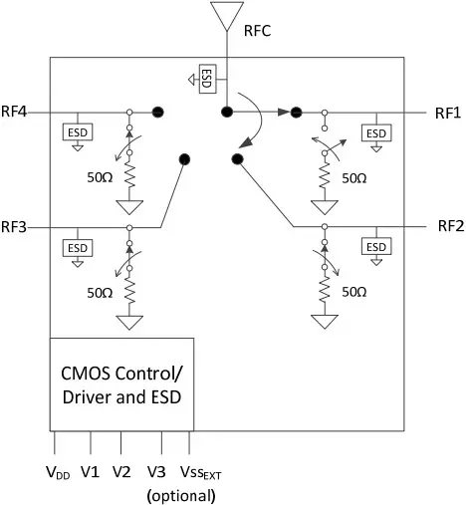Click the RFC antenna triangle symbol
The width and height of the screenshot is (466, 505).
pyautogui.click(x=227, y=15)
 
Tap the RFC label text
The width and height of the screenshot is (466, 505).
pyautogui.click(x=258, y=31)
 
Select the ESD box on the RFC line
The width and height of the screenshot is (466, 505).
pyautogui.click(x=207, y=79)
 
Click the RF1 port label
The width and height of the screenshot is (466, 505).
pyautogui.click(x=448, y=114)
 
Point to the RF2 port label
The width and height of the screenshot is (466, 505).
pyautogui.click(x=451, y=226)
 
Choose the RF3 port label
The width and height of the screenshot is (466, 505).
pyautogui.click(x=14, y=227)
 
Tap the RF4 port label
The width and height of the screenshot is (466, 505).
pyautogui.click(x=14, y=112)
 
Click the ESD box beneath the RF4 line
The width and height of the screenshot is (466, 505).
pyautogui.click(x=78, y=132)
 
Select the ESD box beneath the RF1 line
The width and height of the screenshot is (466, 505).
pyautogui.click(x=376, y=133)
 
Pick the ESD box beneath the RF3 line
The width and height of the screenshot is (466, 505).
pyautogui.click(x=78, y=248)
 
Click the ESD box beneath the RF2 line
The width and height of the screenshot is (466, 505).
pyautogui.click(x=376, y=247)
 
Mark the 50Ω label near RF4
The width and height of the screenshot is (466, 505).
pyautogui.click(x=100, y=177)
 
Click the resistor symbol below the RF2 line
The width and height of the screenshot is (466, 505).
pyautogui.click(x=325, y=291)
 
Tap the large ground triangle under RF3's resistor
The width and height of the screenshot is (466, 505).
pyautogui.click(x=129, y=323)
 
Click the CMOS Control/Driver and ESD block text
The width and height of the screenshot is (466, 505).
pyautogui.click(x=121, y=385)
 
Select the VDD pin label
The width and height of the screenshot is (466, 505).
pyautogui.click(x=58, y=472)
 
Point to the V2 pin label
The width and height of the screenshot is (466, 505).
pyautogui.click(x=121, y=472)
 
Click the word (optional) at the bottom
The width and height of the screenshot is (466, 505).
pyautogui.click(x=181, y=496)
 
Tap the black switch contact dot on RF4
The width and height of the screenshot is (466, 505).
pyautogui.click(x=158, y=113)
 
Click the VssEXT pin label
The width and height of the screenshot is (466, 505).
pyautogui.click(x=200, y=472)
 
